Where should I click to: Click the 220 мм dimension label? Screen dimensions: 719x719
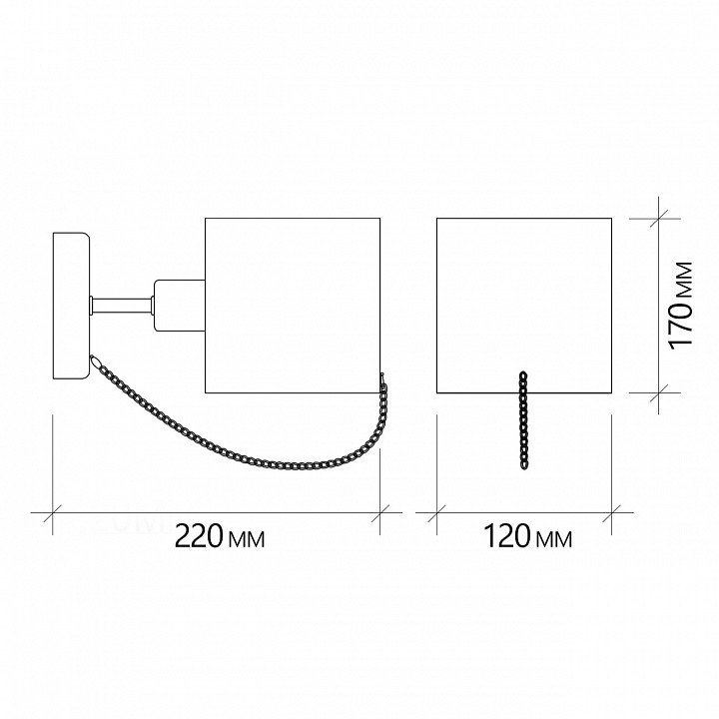[220, 536]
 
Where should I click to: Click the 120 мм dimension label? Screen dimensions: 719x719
[528, 536]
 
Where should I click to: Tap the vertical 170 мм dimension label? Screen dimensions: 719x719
[680, 306]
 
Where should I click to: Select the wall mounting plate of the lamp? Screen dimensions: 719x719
[71, 306]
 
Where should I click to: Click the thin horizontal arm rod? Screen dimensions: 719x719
[122, 306]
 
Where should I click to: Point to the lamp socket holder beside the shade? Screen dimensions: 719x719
[180, 306]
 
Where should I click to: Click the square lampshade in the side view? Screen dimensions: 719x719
[293, 306]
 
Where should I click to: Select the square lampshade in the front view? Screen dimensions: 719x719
[524, 306]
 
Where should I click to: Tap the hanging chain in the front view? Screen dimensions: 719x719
[523, 420]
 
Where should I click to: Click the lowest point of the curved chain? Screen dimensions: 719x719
[294, 466]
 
